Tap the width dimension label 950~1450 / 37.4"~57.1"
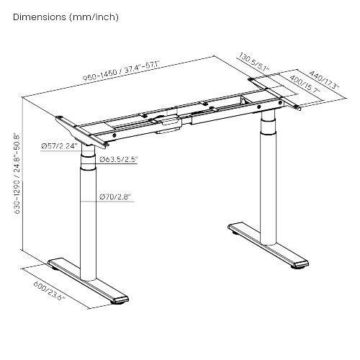pyautogui.click(x=120, y=71)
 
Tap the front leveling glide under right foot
pyautogui.click(x=297, y=267)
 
